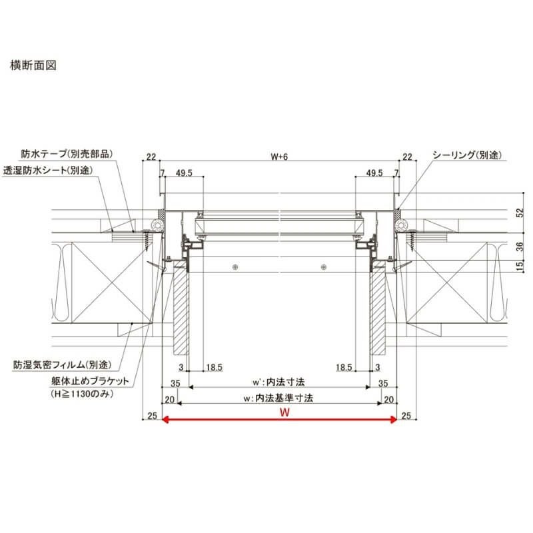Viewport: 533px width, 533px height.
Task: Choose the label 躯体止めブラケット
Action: (86, 383)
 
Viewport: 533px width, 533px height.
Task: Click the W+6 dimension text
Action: (279, 157)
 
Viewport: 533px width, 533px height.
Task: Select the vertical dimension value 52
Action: (521, 213)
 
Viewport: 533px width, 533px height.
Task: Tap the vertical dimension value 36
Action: (521, 246)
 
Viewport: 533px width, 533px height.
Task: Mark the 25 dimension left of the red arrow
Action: (152, 416)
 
